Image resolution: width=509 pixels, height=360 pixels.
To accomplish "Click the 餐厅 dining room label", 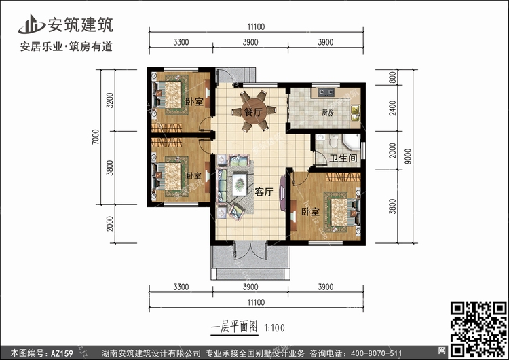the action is (x=254, y=113).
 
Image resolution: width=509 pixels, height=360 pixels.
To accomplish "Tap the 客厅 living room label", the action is (x=263, y=192).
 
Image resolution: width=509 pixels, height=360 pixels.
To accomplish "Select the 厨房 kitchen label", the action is (x=328, y=113).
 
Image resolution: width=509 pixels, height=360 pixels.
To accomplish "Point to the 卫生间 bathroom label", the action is (x=343, y=158).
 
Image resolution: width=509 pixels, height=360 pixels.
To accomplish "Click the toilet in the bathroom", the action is (x=333, y=141).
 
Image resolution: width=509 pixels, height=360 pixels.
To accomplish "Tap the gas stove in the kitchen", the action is (x=326, y=92).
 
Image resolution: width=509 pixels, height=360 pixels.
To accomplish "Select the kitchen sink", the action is (x=355, y=113).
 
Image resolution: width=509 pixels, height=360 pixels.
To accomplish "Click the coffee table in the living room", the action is (x=240, y=184).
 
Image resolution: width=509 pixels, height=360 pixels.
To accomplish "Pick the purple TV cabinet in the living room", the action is (x=283, y=193).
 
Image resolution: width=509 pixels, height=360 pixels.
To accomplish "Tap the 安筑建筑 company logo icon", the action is (x=31, y=24).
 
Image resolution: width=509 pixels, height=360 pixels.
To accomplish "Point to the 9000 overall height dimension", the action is (x=408, y=156).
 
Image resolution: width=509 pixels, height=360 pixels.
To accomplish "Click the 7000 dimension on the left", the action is (x=96, y=137).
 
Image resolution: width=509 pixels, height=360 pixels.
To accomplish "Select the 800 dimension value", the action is (x=392, y=77).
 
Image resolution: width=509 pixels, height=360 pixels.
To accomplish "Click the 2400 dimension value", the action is (x=392, y=108).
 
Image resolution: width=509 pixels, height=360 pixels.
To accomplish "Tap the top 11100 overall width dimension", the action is (x=256, y=26).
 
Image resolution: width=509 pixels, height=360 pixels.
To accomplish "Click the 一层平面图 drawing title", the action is (x=234, y=327).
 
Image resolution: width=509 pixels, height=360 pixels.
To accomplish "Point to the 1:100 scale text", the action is (x=275, y=328).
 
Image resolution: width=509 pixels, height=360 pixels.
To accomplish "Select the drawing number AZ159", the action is (x=62, y=353).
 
